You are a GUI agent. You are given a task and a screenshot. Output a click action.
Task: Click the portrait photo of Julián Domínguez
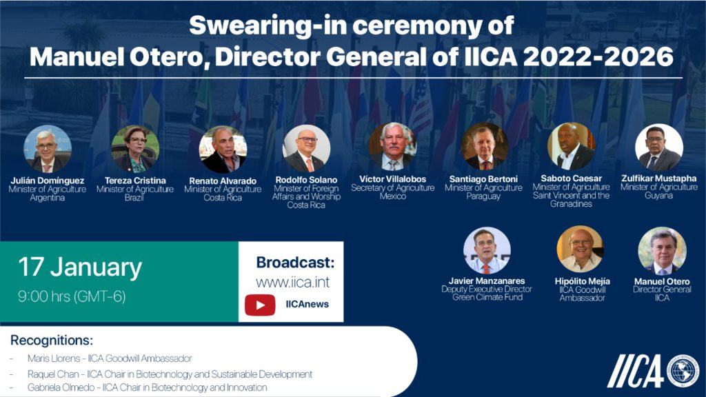(48, 148)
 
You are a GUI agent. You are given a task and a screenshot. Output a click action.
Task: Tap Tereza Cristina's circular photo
(135, 149)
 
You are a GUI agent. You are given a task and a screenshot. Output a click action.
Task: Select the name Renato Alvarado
(223, 181)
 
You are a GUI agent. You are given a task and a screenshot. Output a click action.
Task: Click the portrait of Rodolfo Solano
(307, 148)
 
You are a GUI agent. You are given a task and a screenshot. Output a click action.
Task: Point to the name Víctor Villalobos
(392, 179)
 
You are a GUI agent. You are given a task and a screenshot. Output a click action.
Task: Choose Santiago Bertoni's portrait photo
(484, 147)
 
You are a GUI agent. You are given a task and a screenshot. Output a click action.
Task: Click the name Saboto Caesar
(572, 179)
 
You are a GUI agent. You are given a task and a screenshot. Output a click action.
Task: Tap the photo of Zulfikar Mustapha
(659, 147)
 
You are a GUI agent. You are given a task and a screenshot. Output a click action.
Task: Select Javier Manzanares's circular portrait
(487, 250)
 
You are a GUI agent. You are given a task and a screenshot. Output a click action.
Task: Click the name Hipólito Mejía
(582, 281)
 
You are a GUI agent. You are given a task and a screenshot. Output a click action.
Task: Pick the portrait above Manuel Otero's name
(662, 250)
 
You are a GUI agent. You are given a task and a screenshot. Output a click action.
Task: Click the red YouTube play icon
(260, 304)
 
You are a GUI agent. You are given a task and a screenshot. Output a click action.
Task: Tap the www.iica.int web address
(292, 282)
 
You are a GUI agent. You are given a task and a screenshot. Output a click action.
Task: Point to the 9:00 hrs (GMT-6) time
(72, 298)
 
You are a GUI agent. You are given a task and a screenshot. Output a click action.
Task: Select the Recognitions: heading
(52, 340)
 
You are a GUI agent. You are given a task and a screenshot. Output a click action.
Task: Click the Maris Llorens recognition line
(109, 358)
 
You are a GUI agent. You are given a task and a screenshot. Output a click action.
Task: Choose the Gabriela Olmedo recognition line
(147, 388)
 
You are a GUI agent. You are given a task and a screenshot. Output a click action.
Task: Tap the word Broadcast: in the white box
(295, 263)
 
